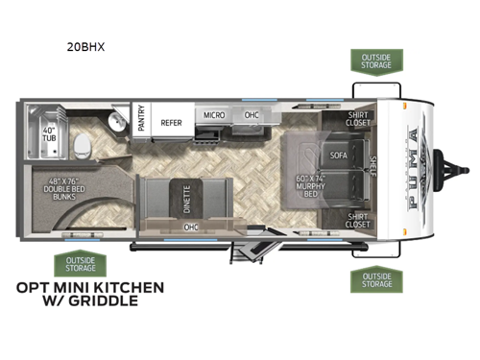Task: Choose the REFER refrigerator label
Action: tap(172, 122)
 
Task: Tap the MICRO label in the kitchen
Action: tap(213, 114)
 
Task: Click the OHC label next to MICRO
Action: tap(252, 114)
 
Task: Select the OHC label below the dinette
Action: tap(191, 228)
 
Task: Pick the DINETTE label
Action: tap(184, 198)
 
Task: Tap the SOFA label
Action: tap(338, 154)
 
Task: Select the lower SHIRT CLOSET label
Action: tap(359, 219)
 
